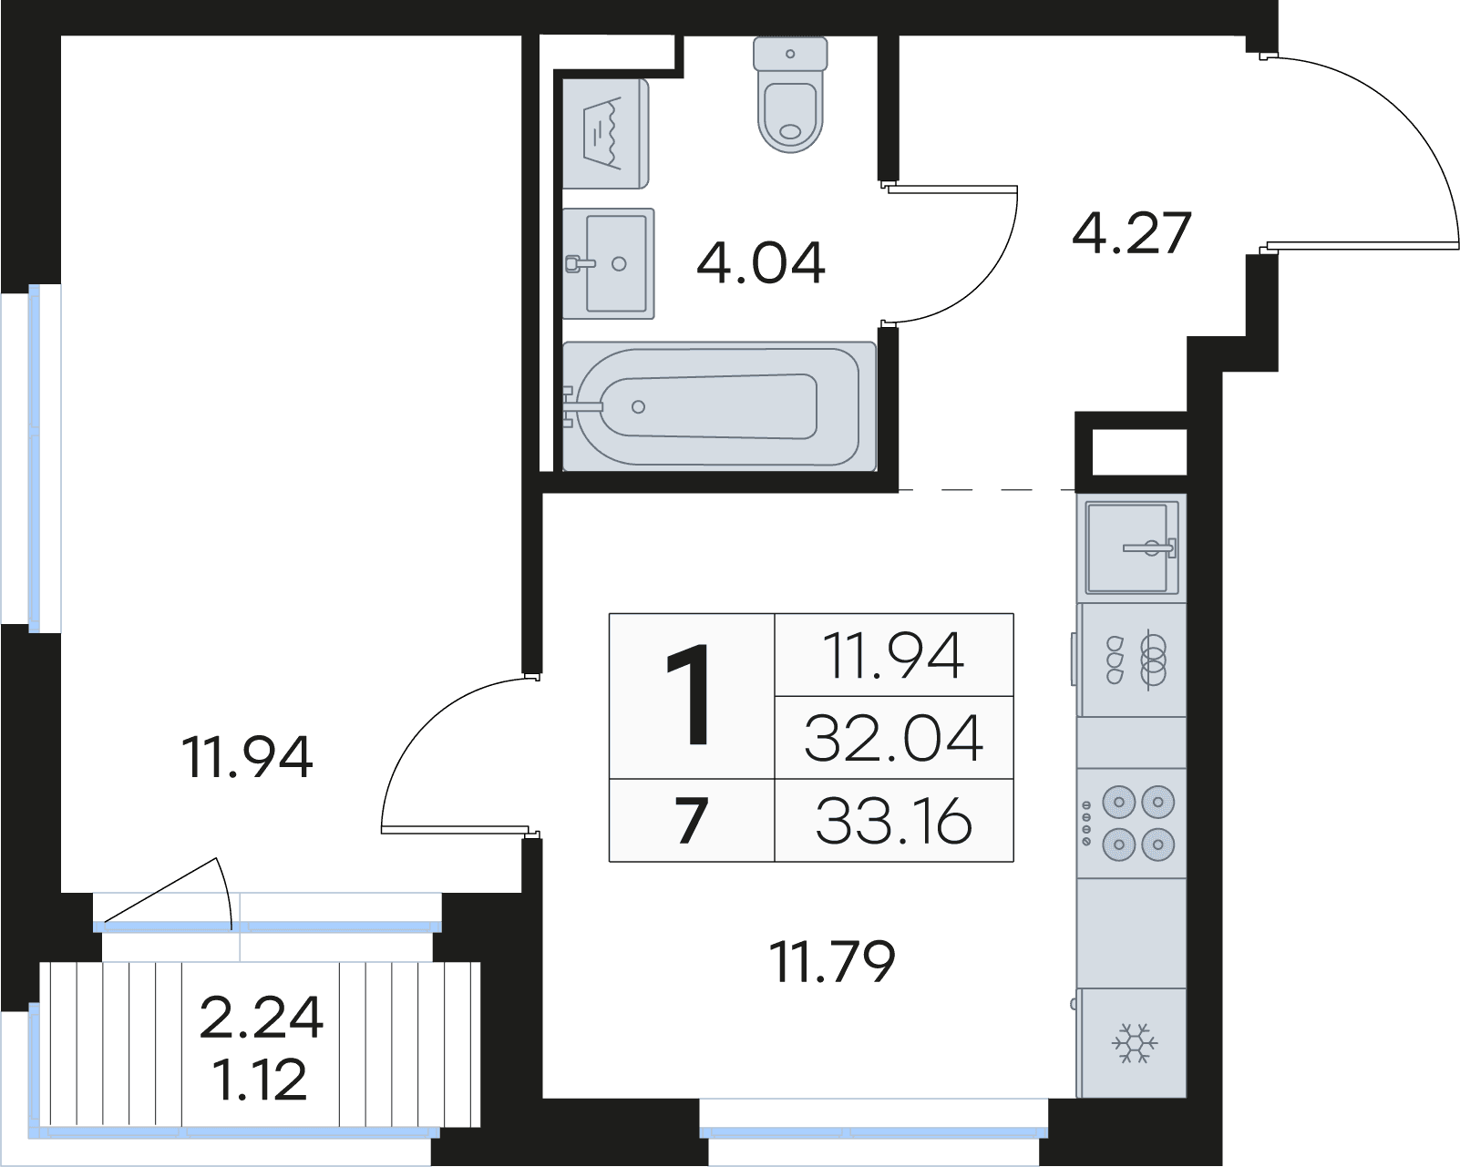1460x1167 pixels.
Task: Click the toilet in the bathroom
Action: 790,95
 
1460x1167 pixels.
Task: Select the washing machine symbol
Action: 605,134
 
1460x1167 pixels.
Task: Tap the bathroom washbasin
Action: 609,263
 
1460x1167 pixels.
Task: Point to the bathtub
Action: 719,406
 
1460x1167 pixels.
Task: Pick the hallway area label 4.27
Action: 1132,232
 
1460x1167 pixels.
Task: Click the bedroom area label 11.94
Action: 247,757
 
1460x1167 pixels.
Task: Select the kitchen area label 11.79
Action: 832,961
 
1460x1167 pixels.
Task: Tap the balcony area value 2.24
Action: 262,1018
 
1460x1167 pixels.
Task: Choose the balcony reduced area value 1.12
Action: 260,1080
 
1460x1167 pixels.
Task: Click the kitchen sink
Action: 1132,548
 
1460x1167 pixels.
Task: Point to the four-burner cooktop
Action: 1132,824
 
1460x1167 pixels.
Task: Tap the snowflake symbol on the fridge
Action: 1135,1043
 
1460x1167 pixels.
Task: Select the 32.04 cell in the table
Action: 893,738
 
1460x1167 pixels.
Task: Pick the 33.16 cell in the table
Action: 893,821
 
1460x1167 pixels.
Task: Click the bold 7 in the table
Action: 692,821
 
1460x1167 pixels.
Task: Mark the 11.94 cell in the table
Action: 893,655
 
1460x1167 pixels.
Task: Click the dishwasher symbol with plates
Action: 1132,660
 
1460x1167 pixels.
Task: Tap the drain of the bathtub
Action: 638,407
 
